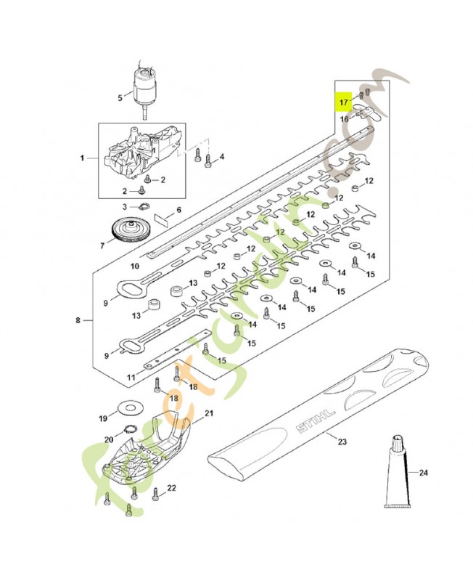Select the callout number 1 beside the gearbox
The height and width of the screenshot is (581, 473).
(83, 158)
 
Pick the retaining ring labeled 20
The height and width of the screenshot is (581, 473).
(131, 428)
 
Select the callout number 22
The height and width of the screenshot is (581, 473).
(171, 489)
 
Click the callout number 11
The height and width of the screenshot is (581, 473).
(131, 377)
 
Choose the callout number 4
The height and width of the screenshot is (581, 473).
(221, 156)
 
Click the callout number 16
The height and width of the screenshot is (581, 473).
(344, 118)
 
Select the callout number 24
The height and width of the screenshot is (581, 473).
(424, 473)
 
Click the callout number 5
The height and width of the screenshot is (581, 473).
(120, 97)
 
